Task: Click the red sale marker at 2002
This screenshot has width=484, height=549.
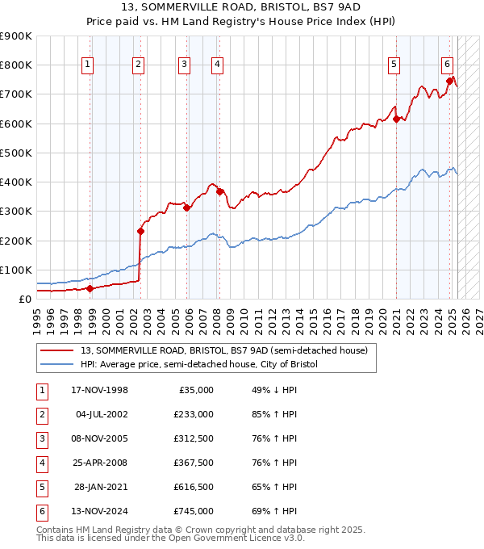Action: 140,231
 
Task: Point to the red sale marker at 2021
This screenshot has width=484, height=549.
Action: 396,119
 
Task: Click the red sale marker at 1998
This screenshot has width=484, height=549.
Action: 90,288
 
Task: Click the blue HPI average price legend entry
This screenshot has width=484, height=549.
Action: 199,365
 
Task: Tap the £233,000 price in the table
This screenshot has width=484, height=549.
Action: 194,414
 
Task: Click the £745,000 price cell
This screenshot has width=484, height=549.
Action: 194,511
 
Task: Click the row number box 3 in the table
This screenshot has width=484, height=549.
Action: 40,438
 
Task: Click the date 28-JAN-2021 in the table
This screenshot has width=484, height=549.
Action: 101,487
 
